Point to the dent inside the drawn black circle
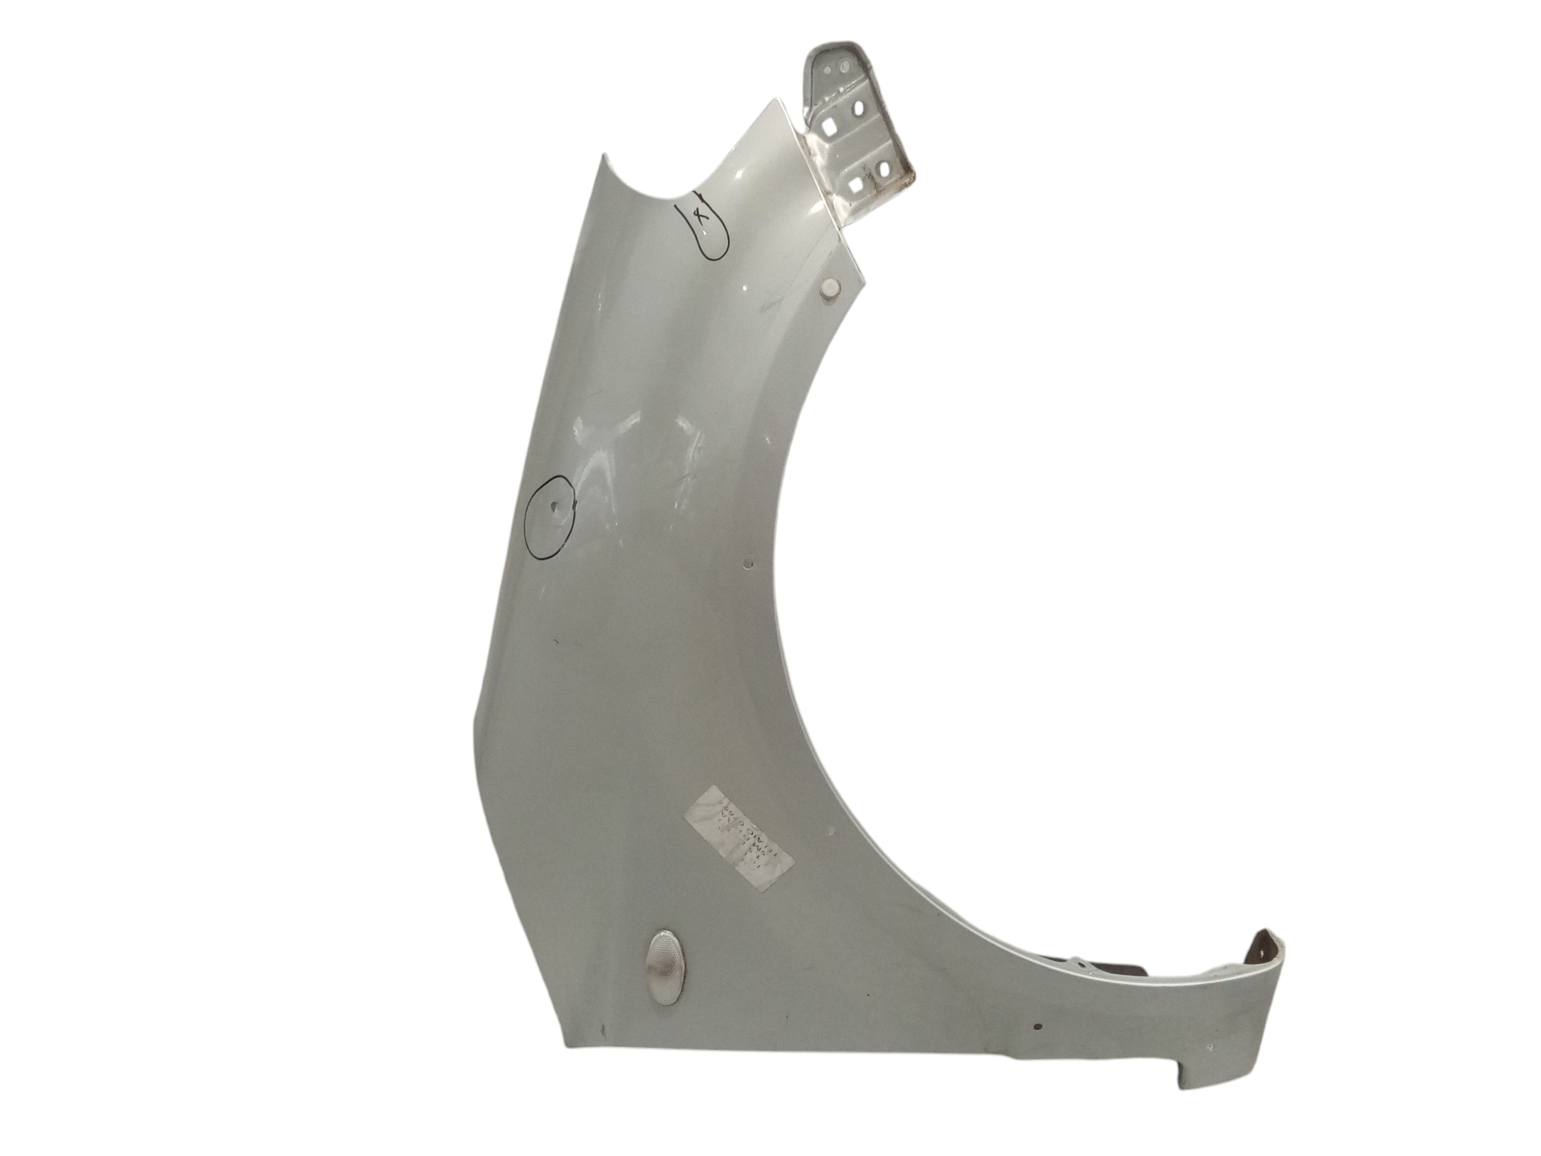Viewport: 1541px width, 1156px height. point(556,508)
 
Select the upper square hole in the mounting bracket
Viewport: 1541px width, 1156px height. point(829,127)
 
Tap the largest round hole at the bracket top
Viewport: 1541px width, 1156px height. point(844,66)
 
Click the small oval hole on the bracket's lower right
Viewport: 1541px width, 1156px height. point(884,168)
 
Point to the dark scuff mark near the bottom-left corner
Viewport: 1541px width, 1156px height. point(603,1028)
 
